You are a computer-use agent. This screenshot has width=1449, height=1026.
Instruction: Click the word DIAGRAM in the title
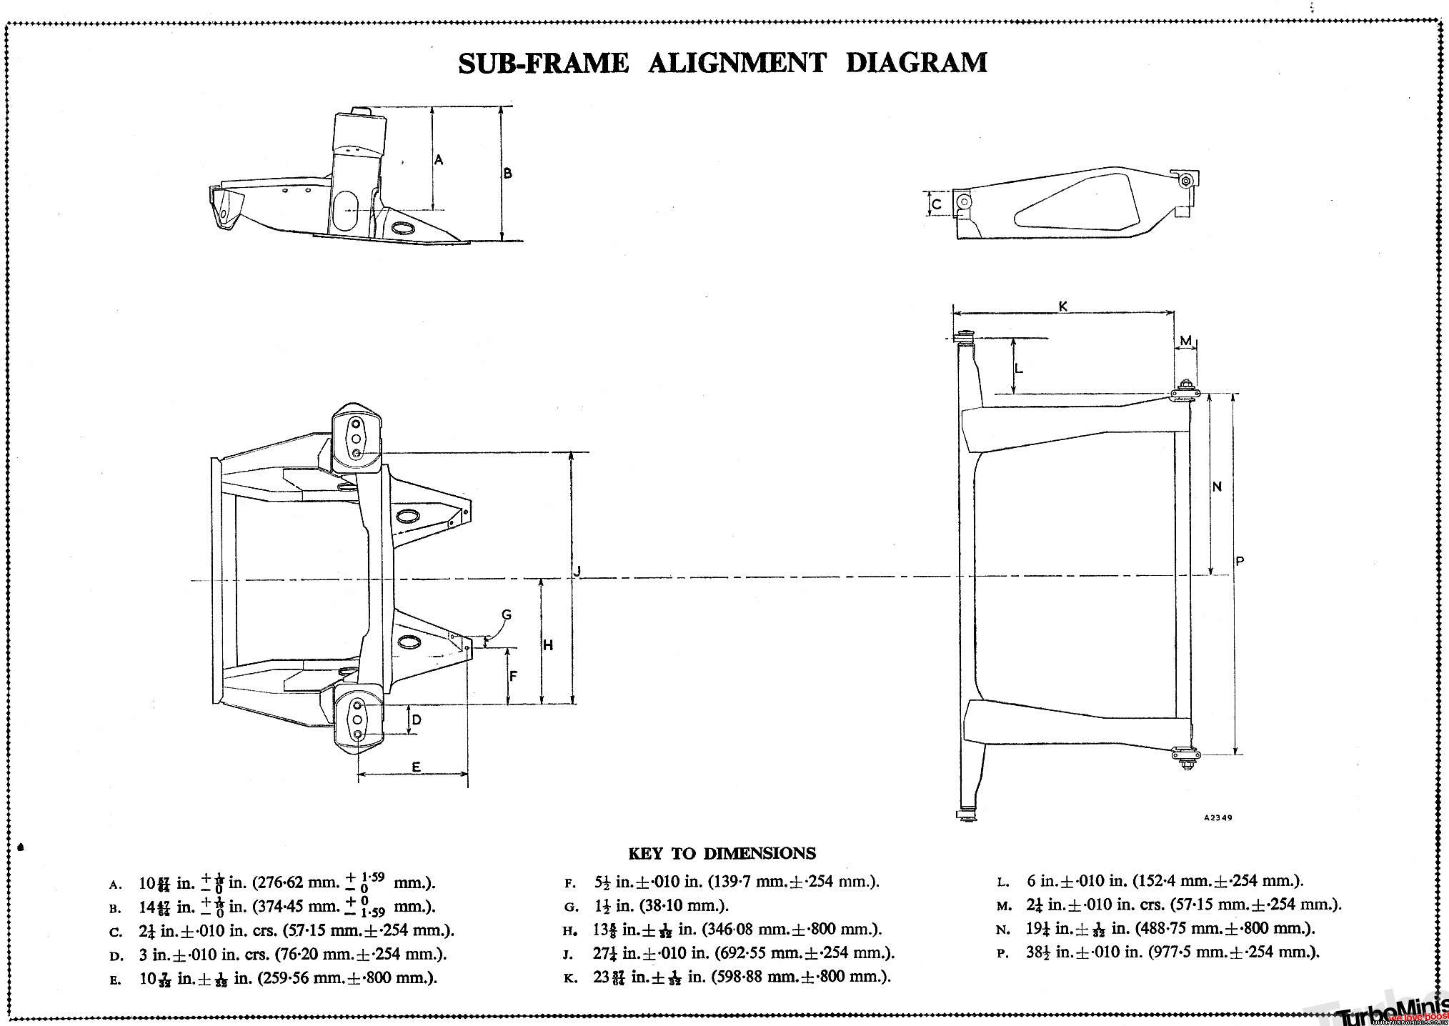pyautogui.click(x=916, y=63)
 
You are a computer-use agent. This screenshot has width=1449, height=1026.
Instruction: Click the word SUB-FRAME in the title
pyautogui.click(x=543, y=64)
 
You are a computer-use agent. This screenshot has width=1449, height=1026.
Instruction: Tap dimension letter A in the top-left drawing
pyautogui.click(x=439, y=159)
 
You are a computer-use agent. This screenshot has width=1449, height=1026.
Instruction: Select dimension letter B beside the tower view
pyautogui.click(x=508, y=173)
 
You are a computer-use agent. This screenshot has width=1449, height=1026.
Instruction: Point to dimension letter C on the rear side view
pyautogui.click(x=937, y=204)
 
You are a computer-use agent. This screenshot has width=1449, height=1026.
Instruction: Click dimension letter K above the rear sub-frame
pyautogui.click(x=1062, y=306)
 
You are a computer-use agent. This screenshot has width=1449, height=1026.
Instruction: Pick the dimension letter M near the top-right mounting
pyautogui.click(x=1185, y=340)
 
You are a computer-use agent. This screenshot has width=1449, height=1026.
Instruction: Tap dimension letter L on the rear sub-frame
pyautogui.click(x=1019, y=369)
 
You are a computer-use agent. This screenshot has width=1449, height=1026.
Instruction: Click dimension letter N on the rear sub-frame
pyautogui.click(x=1218, y=487)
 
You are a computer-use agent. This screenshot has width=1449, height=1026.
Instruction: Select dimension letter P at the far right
pyautogui.click(x=1240, y=562)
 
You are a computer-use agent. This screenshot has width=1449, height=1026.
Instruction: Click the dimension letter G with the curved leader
pyautogui.click(x=507, y=614)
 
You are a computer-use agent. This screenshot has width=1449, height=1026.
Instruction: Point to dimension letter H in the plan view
pyautogui.click(x=548, y=646)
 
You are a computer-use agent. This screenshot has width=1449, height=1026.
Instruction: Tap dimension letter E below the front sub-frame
pyautogui.click(x=416, y=767)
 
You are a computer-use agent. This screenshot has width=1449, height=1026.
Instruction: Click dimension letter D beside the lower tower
pyautogui.click(x=417, y=719)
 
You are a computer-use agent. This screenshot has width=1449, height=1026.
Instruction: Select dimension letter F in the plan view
pyautogui.click(x=513, y=677)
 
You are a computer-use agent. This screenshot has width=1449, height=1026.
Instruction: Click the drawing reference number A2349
pyautogui.click(x=1218, y=817)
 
